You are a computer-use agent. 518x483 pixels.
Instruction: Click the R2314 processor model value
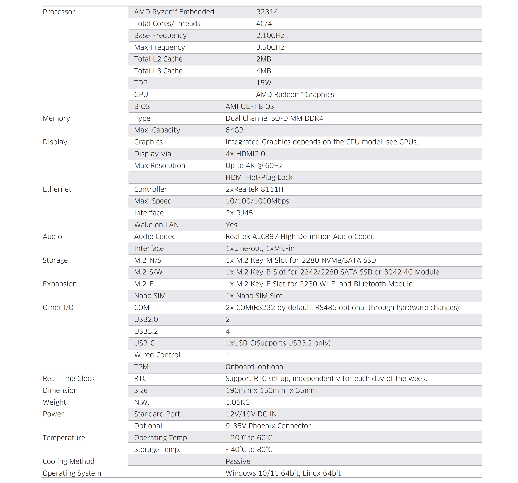click(x=267, y=12)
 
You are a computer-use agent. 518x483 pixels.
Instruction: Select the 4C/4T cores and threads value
click(x=266, y=24)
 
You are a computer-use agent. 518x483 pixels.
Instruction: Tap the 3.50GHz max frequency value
click(x=270, y=47)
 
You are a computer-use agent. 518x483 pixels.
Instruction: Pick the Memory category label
click(x=56, y=118)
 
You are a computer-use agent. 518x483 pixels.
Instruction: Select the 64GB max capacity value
click(x=234, y=130)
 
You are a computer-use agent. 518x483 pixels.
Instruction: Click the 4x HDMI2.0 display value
click(x=245, y=154)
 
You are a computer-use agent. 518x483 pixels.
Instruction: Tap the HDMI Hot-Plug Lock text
click(x=259, y=177)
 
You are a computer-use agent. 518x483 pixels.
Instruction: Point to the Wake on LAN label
click(x=156, y=225)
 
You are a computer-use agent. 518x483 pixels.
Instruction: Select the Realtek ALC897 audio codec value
click(x=300, y=237)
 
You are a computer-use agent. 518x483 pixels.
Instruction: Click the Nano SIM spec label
click(x=150, y=296)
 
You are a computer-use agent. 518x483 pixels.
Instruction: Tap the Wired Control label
click(x=157, y=355)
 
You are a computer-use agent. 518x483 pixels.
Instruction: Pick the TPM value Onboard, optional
click(x=255, y=367)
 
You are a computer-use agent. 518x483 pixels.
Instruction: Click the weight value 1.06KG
click(x=238, y=402)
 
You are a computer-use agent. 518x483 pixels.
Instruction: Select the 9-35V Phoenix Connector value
click(x=268, y=426)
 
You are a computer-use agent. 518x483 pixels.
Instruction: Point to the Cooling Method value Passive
click(x=238, y=461)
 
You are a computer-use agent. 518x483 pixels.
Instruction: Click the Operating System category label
click(x=72, y=473)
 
